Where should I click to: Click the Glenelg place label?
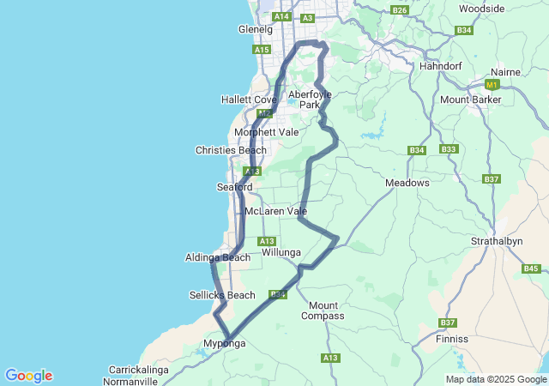point(255,29)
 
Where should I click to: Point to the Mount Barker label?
point(470,100)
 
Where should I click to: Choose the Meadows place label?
point(407,183)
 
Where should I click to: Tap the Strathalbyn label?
point(497,241)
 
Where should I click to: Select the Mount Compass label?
point(323,311)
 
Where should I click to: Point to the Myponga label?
point(224,344)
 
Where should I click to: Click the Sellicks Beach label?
point(222,295)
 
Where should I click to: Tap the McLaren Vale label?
point(275,211)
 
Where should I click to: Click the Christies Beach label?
point(231,150)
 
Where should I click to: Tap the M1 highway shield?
point(492,85)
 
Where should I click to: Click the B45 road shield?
point(531,268)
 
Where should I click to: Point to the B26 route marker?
point(399,9)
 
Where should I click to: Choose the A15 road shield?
point(262,51)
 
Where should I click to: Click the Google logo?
point(28,376)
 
